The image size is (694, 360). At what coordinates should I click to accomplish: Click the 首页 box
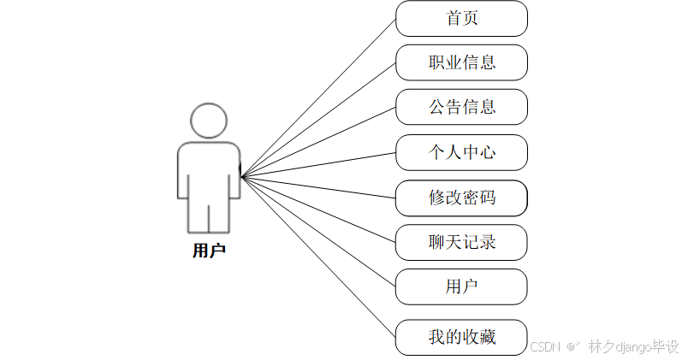(x=461, y=18)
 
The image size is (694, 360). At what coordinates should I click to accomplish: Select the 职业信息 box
(x=461, y=62)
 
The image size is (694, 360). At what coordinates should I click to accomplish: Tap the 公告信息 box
(x=461, y=107)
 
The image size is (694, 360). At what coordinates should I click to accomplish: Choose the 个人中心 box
(x=461, y=152)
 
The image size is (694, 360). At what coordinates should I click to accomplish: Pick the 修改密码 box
(x=461, y=198)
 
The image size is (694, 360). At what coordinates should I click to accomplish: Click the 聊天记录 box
(x=461, y=242)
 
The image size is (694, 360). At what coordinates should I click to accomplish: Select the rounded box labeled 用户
(x=461, y=286)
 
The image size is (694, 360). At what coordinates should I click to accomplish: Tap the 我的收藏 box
(x=461, y=337)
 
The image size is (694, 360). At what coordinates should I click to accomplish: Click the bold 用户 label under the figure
(x=209, y=251)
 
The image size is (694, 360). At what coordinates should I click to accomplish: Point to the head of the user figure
(x=209, y=121)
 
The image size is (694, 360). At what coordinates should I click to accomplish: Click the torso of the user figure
(x=209, y=171)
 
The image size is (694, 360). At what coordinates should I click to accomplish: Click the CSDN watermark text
(x=544, y=346)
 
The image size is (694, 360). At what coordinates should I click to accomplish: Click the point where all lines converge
(x=242, y=177)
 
